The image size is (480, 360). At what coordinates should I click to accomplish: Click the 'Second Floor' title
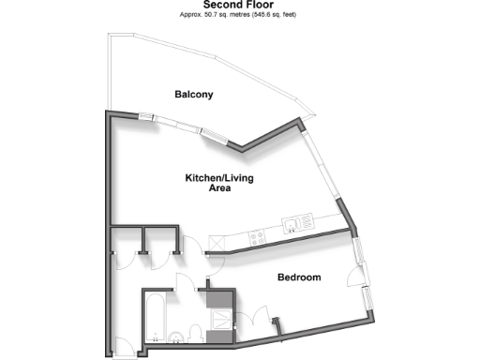point(239,5)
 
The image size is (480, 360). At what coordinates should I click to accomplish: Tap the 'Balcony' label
point(194,94)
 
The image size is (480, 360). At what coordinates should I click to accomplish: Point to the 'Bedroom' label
point(300,277)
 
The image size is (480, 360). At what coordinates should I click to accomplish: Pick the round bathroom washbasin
point(177,337)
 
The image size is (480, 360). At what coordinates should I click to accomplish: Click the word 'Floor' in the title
point(261,5)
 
